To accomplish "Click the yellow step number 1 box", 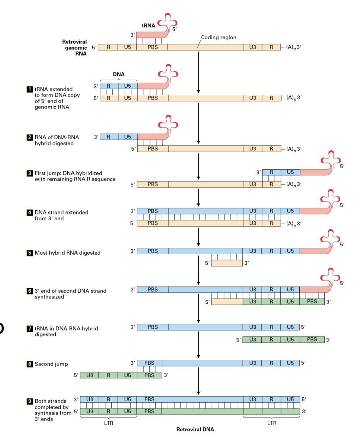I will point(28,89).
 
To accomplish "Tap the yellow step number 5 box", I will point(28,252).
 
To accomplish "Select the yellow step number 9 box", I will point(28,401).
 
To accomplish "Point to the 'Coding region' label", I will point(218,37).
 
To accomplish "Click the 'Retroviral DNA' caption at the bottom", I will point(195,430).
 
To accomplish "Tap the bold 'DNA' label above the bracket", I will point(118,74).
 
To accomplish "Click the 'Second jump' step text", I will point(51,364).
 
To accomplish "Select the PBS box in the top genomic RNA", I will point(152,47).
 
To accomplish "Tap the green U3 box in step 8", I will point(90,375).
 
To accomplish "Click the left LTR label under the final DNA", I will point(109,423).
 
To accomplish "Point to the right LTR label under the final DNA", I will point(272,423).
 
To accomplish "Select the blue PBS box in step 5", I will point(152,251).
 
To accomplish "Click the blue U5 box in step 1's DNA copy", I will point(128,86).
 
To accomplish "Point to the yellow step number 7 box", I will point(28,328).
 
